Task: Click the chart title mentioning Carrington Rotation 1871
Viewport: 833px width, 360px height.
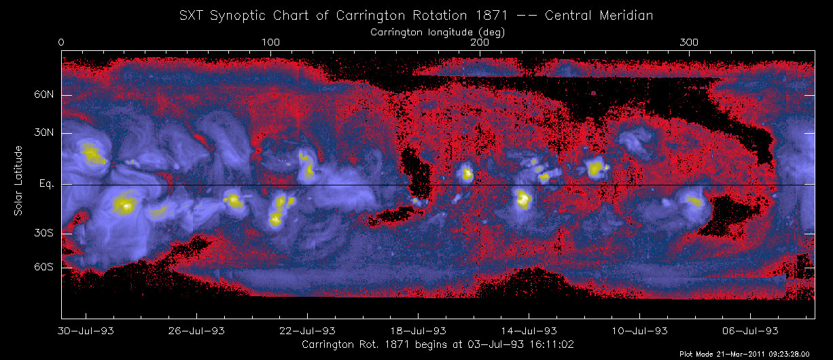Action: coord(416,15)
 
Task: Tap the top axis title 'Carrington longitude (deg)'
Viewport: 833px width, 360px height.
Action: coord(438,32)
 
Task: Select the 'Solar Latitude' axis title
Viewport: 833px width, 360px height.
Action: coord(18,181)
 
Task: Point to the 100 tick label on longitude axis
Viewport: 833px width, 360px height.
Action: coord(270,43)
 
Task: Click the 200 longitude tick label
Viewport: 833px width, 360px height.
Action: coord(480,43)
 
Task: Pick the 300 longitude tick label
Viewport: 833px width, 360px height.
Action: coord(690,43)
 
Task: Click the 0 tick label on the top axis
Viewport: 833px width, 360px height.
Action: coord(62,43)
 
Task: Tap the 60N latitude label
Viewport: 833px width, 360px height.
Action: coord(44,96)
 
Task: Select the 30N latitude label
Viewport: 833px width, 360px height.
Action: coord(44,133)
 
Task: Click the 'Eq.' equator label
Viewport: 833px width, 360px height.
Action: coord(46,184)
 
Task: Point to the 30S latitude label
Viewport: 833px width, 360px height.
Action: coord(44,233)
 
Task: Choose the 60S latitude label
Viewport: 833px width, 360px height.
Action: coord(44,268)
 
